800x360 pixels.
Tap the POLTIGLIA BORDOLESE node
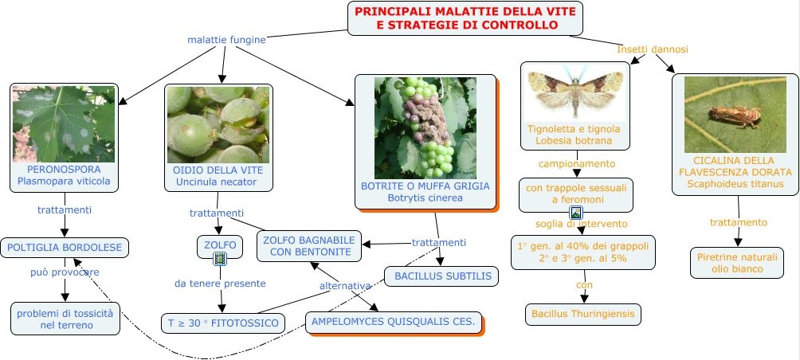tap(65, 248)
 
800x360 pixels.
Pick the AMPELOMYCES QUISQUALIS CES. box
tap(394, 323)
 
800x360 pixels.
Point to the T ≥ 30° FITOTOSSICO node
tap(222, 323)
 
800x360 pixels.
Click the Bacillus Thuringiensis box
tap(583, 315)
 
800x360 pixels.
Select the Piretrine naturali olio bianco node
tap(736, 263)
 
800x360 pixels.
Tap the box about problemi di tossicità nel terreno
tap(65, 319)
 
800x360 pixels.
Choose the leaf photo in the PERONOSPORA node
tap(65, 123)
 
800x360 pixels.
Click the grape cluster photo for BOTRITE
tap(425, 127)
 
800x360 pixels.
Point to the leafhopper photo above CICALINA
tap(735, 115)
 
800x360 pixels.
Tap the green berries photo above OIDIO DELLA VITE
tap(218, 124)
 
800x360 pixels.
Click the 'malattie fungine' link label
tap(226, 39)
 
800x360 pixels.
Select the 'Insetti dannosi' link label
tap(653, 49)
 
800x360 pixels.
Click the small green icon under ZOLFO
tap(220, 259)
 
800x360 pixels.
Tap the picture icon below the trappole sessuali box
tap(576, 213)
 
